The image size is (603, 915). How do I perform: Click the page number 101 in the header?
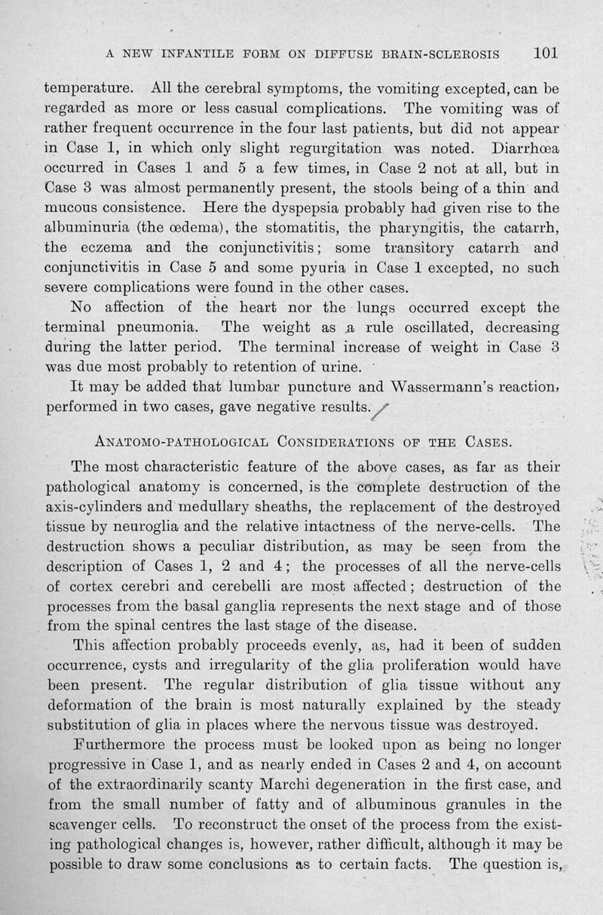pos(544,54)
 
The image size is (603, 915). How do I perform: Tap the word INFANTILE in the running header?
pos(204,54)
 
